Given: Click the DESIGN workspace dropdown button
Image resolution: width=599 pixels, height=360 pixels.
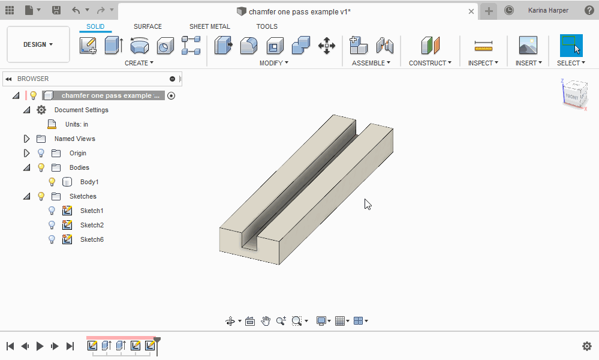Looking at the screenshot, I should pos(38,44).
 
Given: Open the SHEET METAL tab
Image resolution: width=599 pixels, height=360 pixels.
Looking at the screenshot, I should pos(209,26).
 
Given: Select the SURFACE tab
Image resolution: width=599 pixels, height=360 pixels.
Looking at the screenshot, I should pos(148,26).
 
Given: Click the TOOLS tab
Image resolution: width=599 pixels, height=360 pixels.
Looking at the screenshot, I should pos(267,26).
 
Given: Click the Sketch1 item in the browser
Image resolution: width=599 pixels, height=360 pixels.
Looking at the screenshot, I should pos(92,211).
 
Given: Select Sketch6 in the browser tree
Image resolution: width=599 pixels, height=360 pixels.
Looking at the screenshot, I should pos(92,239).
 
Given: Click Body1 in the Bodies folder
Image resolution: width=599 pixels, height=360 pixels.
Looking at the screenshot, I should pos(89,182).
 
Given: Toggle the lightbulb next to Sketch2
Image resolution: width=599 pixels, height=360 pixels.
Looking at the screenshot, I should pos(52,225).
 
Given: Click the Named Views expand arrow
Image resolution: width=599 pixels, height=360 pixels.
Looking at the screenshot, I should pos(26,139).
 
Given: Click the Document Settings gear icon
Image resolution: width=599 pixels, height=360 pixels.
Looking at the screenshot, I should pos(41,110).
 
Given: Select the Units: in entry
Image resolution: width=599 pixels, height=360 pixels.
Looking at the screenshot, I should pos(77,124).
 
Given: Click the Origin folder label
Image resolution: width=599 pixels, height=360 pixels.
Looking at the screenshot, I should pos(78,153).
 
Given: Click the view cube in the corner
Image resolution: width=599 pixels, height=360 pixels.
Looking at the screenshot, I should pos(573,94).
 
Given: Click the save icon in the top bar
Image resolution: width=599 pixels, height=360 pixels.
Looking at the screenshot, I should pos(56,10).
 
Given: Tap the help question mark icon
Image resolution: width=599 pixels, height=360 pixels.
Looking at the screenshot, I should pos(589,10).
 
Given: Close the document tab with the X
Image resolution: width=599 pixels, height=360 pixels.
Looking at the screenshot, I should pos(471,11).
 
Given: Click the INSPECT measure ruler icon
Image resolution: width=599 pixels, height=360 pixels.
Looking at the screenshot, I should pos(483,46).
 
